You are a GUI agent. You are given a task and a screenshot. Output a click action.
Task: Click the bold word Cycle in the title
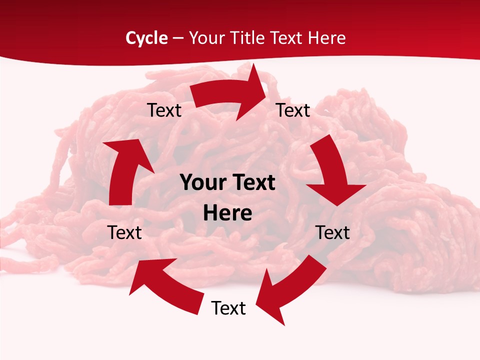coord(146,38)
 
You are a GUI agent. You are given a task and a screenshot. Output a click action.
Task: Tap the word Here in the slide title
coord(324,38)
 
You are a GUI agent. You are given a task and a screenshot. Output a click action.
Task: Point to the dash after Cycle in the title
coord(178,38)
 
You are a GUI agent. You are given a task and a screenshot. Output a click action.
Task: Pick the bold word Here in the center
coord(227,213)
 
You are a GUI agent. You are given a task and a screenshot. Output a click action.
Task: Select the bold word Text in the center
coord(252,183)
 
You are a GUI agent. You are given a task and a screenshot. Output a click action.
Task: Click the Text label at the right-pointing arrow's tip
coord(293,110)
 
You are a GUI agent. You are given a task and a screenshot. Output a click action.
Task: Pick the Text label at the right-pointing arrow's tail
coord(164,110)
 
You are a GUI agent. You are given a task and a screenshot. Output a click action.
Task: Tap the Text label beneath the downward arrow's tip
coord(333,232)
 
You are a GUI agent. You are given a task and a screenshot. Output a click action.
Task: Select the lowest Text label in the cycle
coord(228,308)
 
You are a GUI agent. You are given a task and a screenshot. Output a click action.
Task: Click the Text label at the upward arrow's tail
coord(124,232)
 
